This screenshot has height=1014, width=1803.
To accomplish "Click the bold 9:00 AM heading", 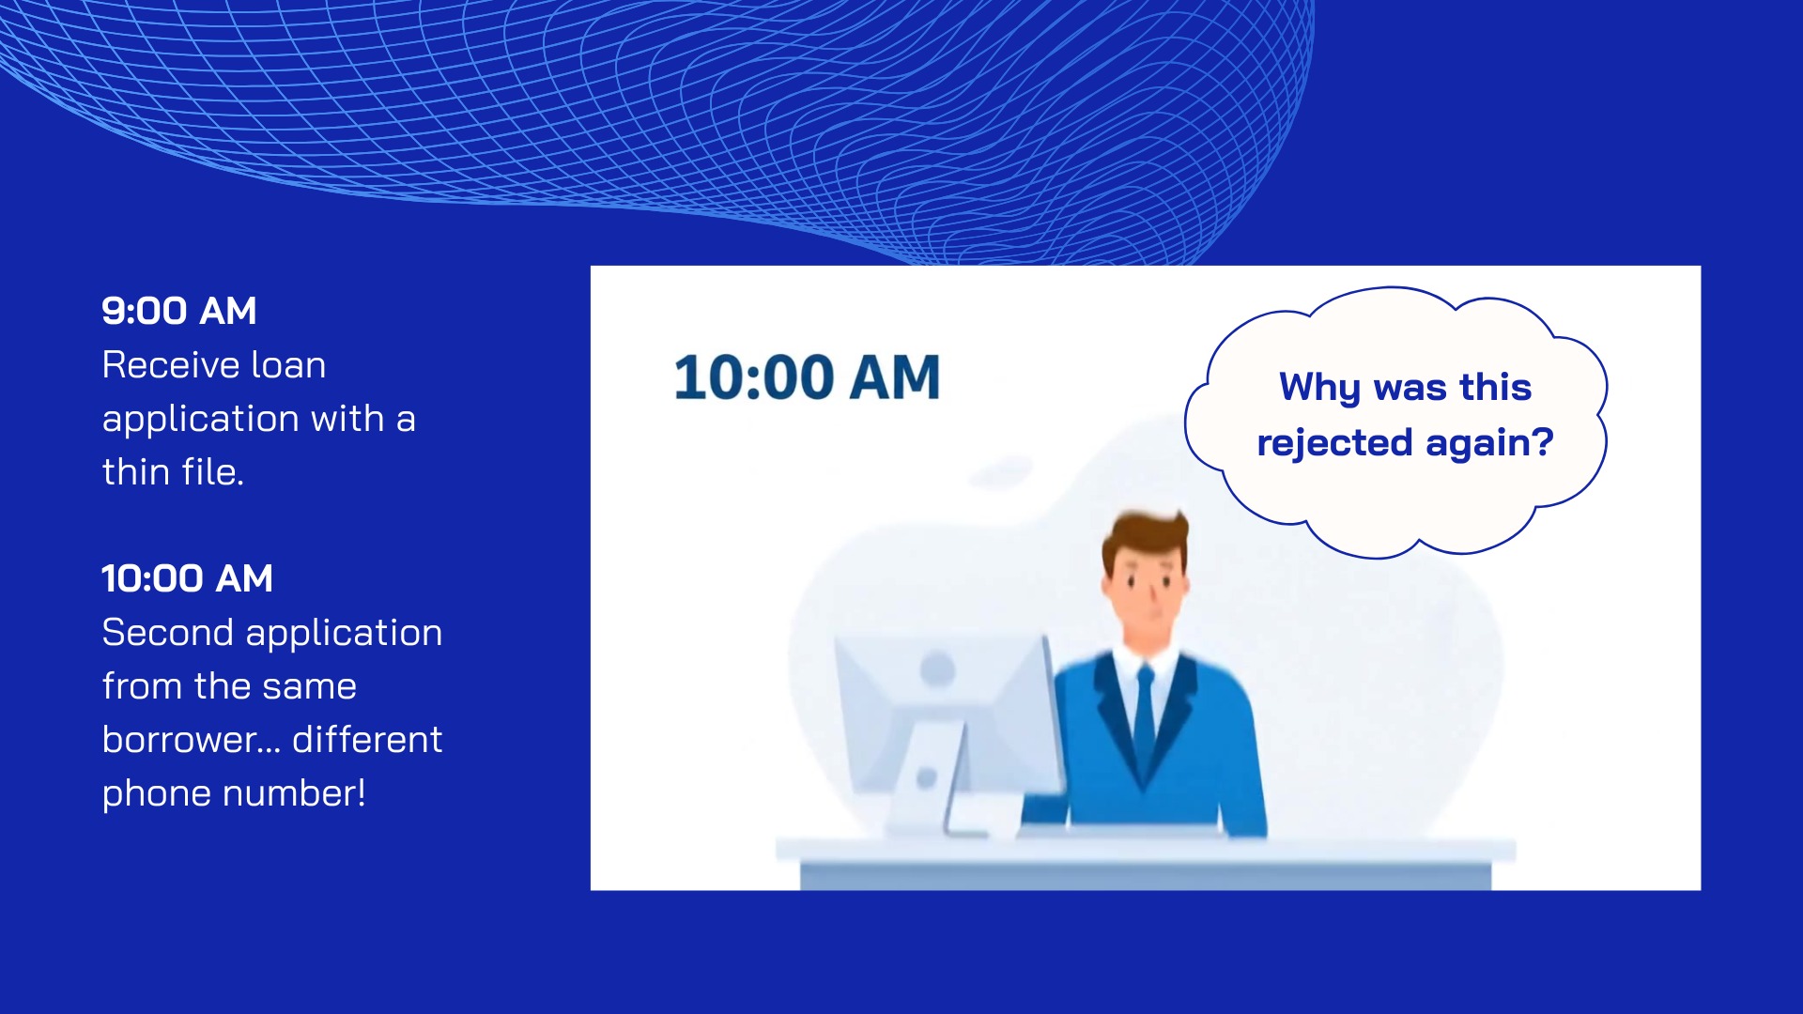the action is (x=178, y=311).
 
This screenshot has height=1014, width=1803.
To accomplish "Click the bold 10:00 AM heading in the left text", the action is (x=187, y=578).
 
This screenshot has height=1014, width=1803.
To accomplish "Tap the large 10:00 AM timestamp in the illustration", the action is (x=807, y=377).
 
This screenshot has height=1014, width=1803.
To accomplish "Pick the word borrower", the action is (x=179, y=739).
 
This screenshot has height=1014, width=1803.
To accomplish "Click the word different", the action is (x=367, y=739).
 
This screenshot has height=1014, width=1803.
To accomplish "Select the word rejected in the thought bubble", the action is (x=1334, y=442).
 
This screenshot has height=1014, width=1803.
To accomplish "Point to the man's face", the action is (x=1146, y=591).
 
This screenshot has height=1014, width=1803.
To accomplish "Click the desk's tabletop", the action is (x=1146, y=851).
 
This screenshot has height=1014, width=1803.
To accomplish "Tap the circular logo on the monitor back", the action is (x=937, y=669).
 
